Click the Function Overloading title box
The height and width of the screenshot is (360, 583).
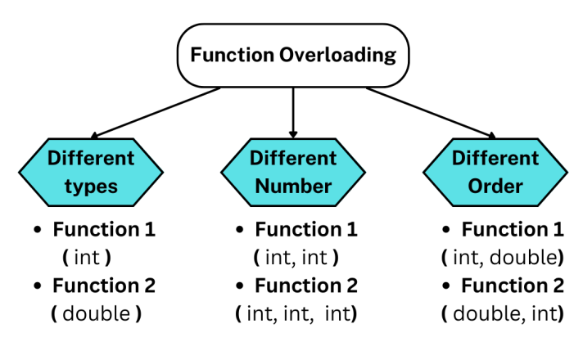coord(293,56)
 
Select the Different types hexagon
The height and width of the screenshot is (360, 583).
coord(90,171)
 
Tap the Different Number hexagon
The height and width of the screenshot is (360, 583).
coord(293,171)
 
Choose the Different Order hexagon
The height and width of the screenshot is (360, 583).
coord(495,171)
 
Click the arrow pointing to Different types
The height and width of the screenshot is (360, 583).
coord(156,112)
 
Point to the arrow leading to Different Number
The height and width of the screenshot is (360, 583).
coord(293,110)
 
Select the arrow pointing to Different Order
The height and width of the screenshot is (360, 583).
coord(430,112)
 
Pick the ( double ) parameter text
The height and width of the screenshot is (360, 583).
coord(91,314)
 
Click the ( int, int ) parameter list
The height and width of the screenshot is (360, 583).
coord(294,258)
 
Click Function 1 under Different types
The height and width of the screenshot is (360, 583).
coord(104,230)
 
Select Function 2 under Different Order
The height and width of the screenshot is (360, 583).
coord(513,286)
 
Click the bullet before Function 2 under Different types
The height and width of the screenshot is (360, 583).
coord(38,287)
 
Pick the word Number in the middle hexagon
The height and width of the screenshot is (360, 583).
coord(293,186)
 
